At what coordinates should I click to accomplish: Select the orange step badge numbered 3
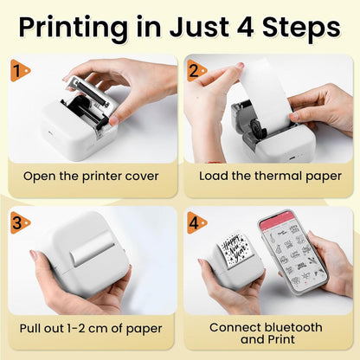coord(19,222)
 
